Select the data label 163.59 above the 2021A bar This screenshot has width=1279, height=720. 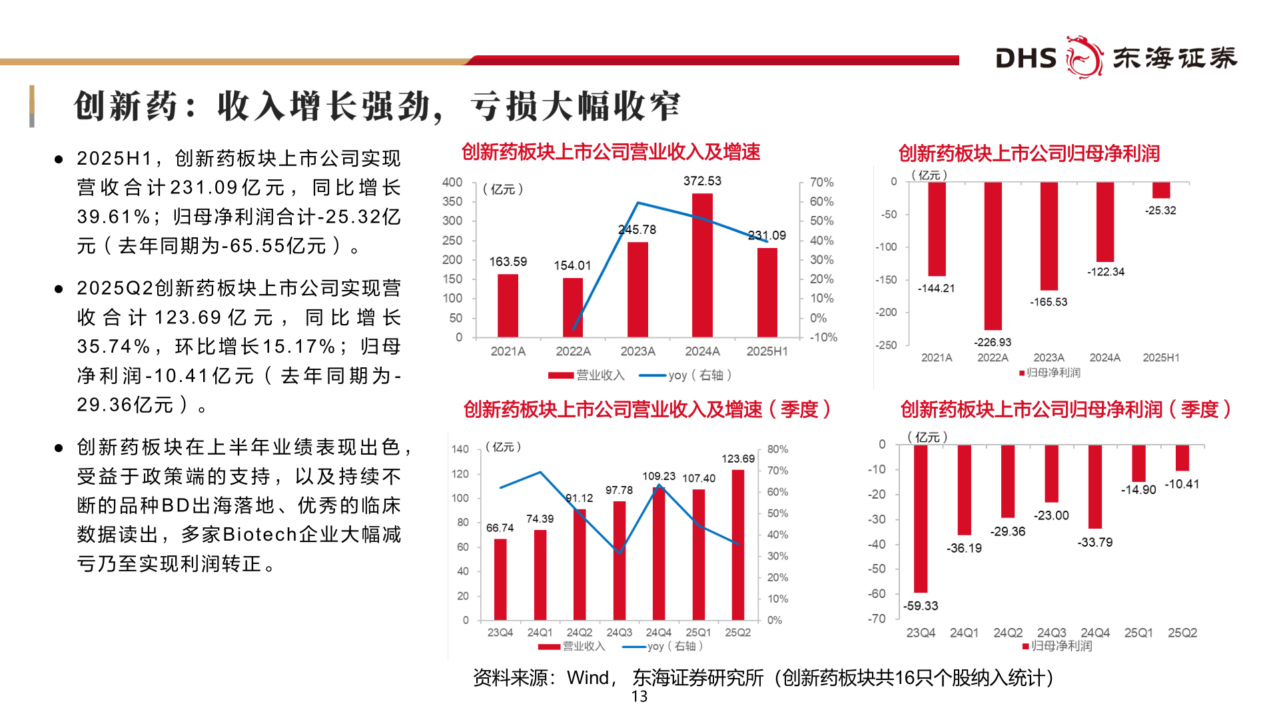[508, 262]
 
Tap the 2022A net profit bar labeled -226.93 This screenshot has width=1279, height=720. [993, 256]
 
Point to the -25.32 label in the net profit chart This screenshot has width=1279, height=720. [1160, 211]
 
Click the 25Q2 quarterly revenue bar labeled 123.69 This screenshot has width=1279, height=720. [737, 545]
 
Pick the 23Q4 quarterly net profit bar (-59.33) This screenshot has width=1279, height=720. [921, 519]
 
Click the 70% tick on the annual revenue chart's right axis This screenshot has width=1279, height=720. [821, 183]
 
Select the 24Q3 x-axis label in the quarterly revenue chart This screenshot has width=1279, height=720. [619, 633]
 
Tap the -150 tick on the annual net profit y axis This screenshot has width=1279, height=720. [886, 280]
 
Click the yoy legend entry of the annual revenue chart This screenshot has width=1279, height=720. [686, 375]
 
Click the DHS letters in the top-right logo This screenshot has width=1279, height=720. [1026, 59]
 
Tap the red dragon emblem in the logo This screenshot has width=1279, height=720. [1084, 57]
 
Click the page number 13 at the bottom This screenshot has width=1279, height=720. [639, 697]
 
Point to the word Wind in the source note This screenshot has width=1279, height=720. [588, 678]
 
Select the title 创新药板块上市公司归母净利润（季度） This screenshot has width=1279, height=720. [1065, 409]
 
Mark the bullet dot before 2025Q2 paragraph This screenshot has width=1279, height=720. [59, 289]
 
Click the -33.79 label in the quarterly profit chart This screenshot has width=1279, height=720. [1094, 543]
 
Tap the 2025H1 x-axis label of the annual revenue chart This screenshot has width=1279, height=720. [767, 351]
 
